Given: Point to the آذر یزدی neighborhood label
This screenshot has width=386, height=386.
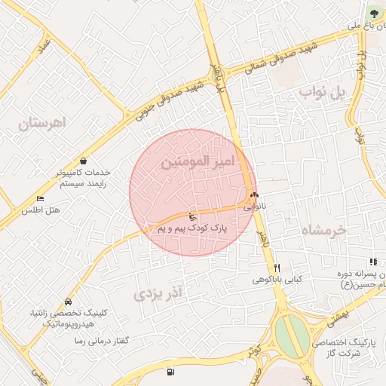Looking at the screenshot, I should click(x=159, y=293).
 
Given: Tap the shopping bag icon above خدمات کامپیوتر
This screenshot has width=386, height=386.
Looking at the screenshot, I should click(x=82, y=161).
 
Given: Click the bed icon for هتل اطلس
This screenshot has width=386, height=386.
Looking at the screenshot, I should click(x=40, y=198).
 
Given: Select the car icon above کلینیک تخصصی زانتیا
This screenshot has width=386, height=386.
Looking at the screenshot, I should click(x=69, y=302).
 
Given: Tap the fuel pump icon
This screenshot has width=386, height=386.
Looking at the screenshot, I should click(x=169, y=371).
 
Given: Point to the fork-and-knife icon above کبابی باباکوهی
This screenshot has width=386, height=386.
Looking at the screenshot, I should click(x=277, y=268).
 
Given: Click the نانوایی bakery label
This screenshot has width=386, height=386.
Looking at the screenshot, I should click(x=253, y=203).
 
